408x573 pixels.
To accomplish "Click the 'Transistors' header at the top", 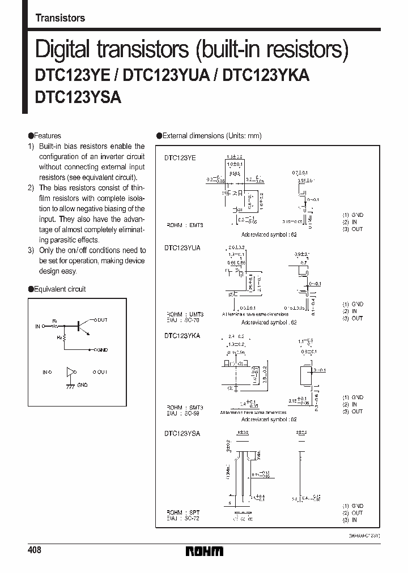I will pos(60,18).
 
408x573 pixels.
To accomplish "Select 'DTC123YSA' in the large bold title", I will pos(78,97).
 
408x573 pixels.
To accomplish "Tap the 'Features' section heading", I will pos(47,136).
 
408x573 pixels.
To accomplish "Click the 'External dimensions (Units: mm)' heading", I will pos(211,136).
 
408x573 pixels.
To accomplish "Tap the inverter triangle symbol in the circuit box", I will pos(70,372).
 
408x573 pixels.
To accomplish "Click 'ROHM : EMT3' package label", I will pos(184,225).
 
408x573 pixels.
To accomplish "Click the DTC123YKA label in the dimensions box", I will pos(182,336).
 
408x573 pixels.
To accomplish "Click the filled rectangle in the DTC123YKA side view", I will pos(304,374).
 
